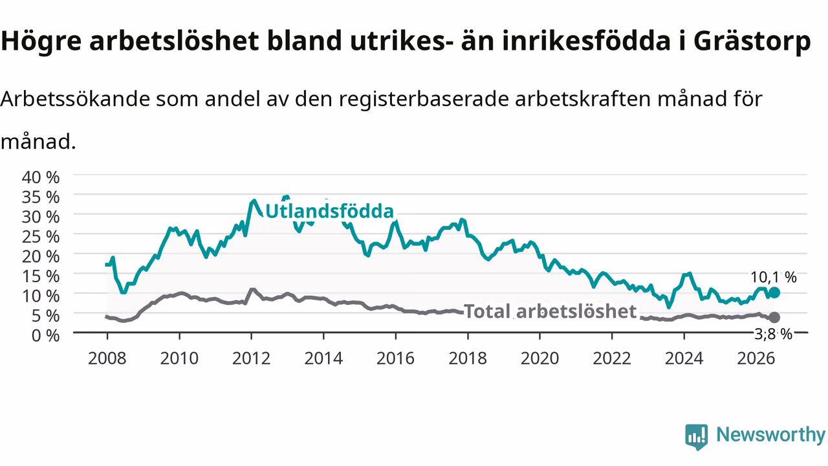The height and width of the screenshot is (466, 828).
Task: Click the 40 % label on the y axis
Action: pyautogui.click(x=41, y=177)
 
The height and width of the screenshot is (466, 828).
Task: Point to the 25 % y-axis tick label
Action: pyautogui.click(x=41, y=237)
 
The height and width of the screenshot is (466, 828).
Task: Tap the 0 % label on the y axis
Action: pyautogui.click(x=45, y=335)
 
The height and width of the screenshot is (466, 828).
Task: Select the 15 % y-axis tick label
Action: pyautogui.click(x=41, y=276)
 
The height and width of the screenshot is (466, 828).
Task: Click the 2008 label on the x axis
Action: pyautogui.click(x=107, y=359)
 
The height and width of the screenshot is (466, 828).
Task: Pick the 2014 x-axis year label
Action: pyautogui.click(x=323, y=359)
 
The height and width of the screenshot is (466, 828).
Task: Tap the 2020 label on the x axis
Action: pyautogui.click(x=539, y=359)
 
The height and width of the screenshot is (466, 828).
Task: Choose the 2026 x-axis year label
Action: pyautogui.click(x=756, y=359)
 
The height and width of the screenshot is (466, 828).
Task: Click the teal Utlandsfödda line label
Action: pyautogui.click(x=329, y=212)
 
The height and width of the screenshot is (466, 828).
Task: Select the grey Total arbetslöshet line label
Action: pyautogui.click(x=550, y=311)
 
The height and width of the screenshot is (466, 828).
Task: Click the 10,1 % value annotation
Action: pyautogui.click(x=773, y=277)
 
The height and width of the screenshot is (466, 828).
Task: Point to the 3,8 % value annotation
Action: pyautogui.click(x=773, y=335)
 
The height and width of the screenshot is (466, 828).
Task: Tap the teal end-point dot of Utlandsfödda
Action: pyautogui.click(x=774, y=293)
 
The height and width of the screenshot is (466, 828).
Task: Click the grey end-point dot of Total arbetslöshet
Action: pyautogui.click(x=774, y=317)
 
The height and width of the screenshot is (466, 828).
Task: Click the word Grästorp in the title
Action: pyautogui.click(x=752, y=41)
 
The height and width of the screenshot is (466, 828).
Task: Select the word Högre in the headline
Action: pyautogui.click(x=41, y=41)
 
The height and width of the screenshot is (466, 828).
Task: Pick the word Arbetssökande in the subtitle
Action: pyautogui.click(x=75, y=99)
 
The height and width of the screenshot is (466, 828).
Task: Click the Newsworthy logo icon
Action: pyautogui.click(x=697, y=437)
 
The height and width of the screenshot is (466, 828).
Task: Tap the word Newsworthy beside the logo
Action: pyautogui.click(x=770, y=434)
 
